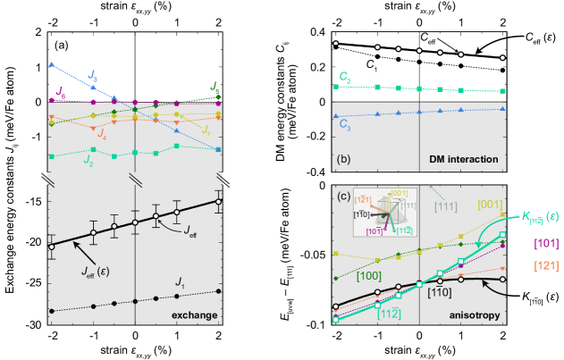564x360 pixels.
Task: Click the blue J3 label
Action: coord(93,76)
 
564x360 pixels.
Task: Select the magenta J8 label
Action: coord(60,91)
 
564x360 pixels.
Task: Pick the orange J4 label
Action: coord(101,136)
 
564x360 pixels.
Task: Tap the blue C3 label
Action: coord(344,127)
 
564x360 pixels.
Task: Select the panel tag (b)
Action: coord(343,160)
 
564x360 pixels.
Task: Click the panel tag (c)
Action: coord(343,196)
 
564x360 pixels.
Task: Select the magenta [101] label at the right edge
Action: coord(544,243)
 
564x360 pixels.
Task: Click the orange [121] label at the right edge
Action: coord(544,265)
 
